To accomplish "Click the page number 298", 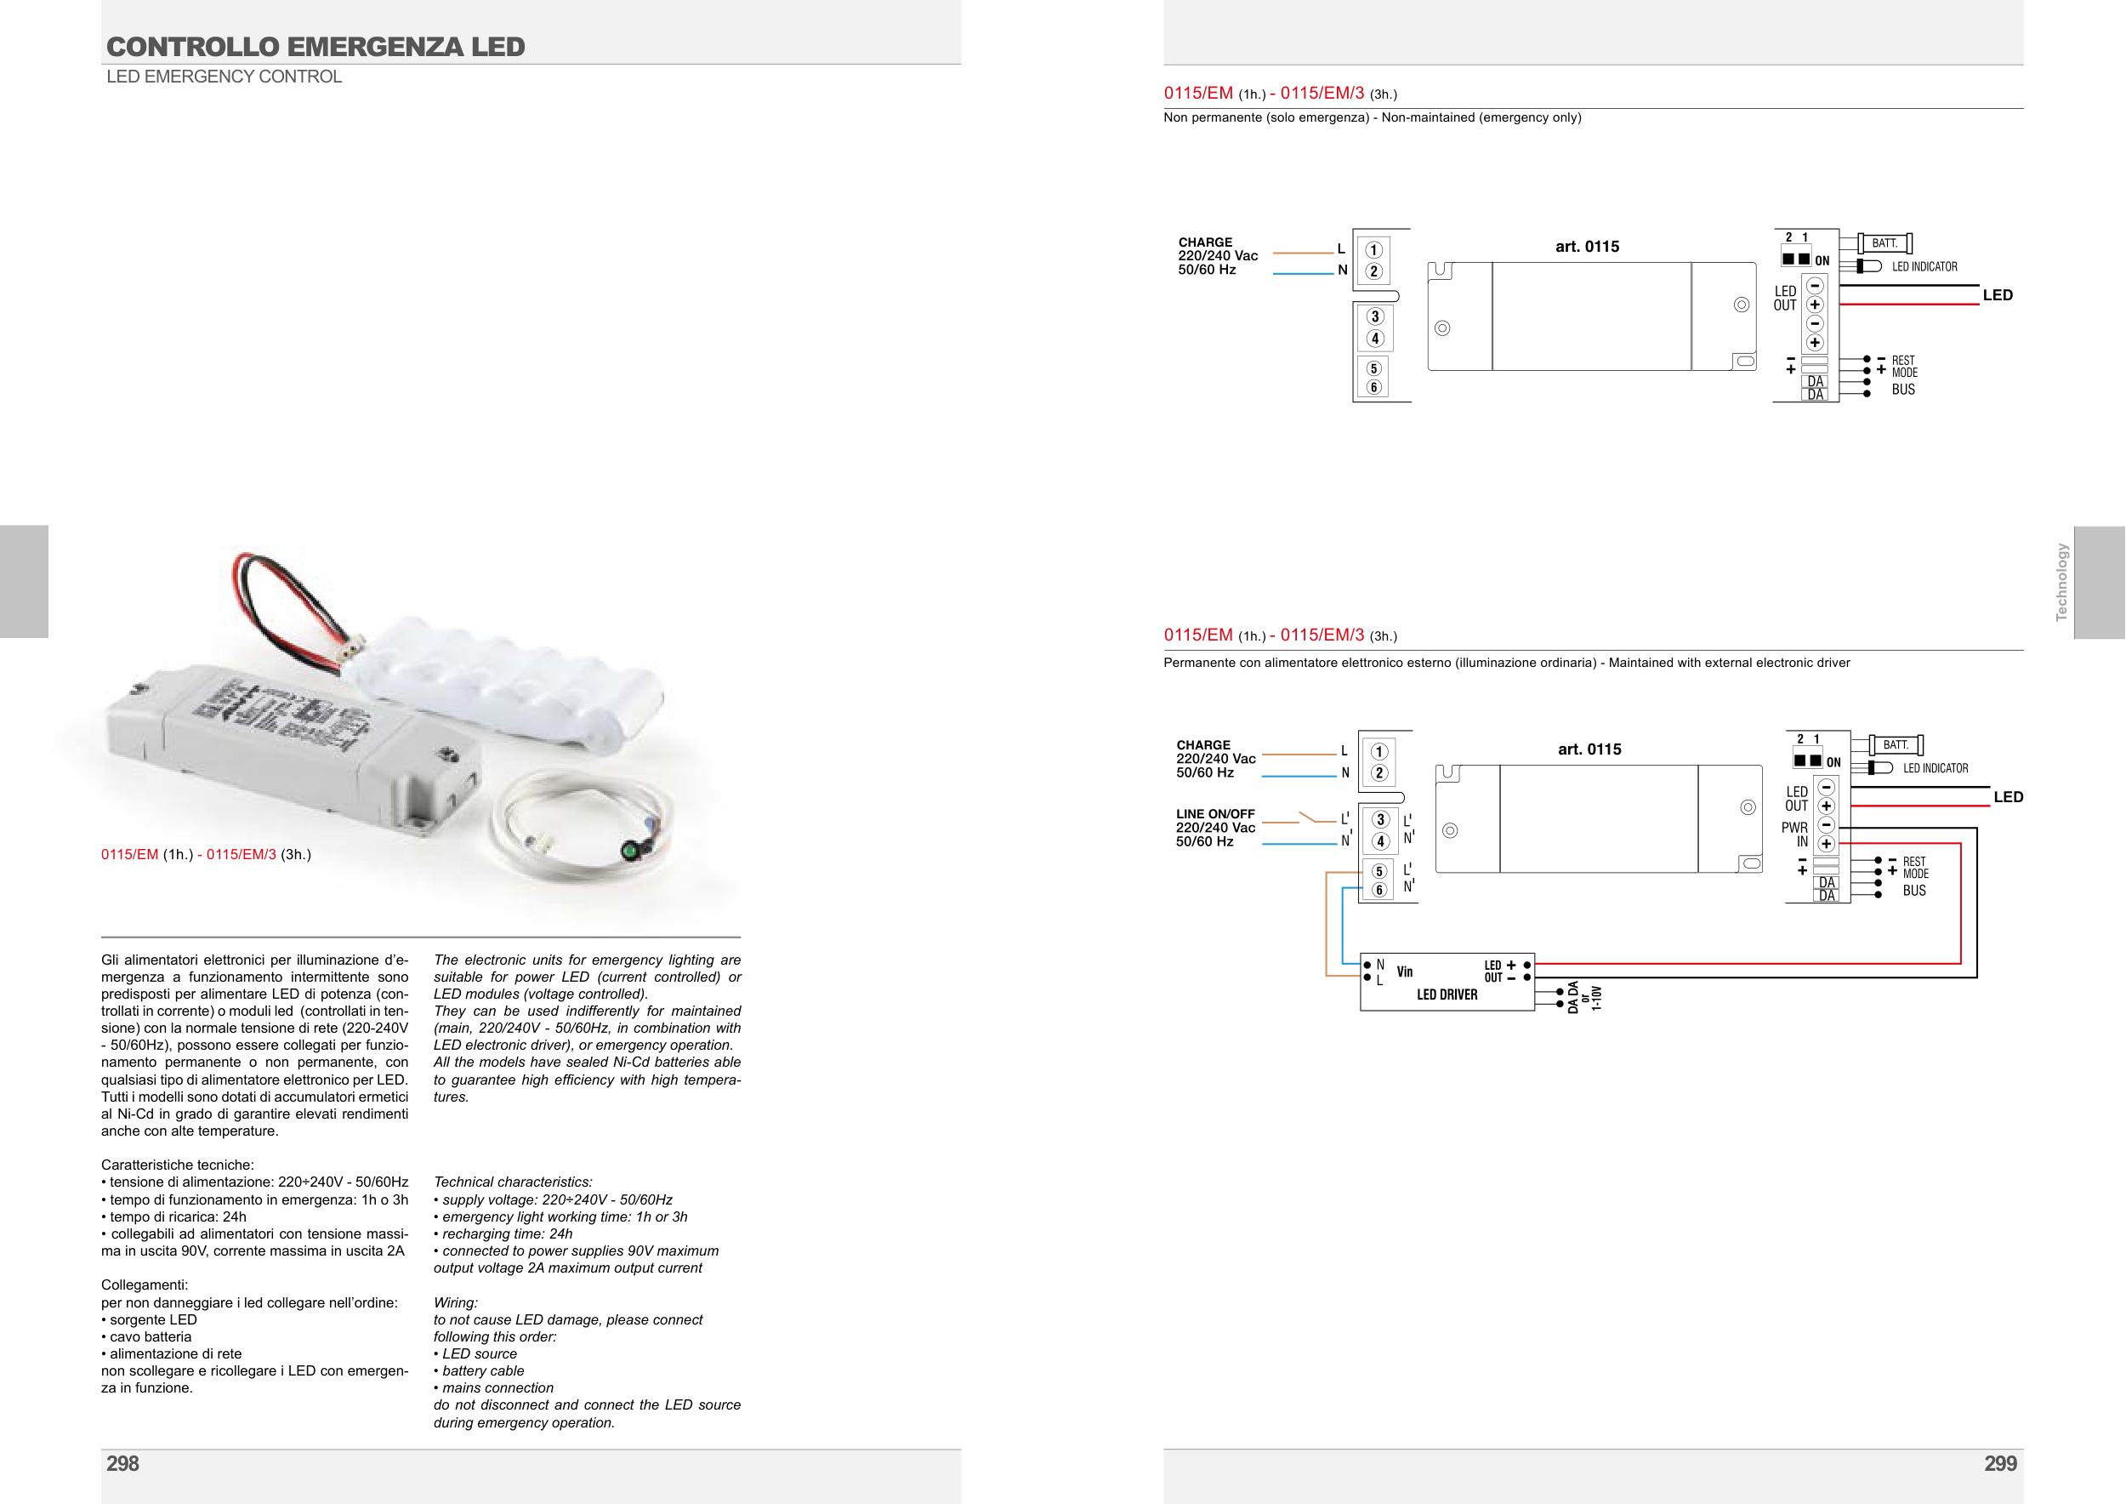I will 122,1463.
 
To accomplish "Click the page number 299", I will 2000,1463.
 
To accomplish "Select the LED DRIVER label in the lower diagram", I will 1447,994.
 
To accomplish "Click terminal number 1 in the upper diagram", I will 1374,250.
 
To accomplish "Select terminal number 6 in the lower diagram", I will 1378,890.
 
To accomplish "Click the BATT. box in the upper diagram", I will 1884,243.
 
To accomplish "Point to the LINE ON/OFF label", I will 1215,814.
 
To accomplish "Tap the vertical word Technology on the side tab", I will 2061,582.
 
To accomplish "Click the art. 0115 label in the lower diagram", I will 1589,749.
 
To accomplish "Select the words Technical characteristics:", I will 513,1182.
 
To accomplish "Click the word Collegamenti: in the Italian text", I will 145,1285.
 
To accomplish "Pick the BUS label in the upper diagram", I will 1903,390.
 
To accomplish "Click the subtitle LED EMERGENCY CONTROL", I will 225,77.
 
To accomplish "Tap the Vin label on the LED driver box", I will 1405,971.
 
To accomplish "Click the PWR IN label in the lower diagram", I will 1794,835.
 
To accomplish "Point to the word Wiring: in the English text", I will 456,1302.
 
